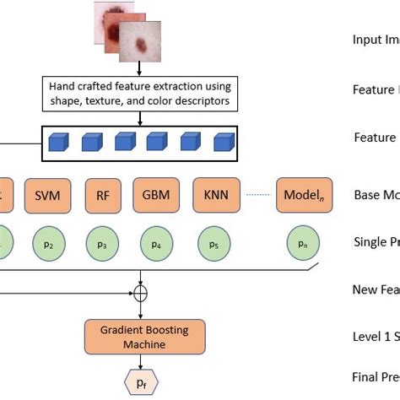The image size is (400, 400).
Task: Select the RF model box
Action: click(x=103, y=195)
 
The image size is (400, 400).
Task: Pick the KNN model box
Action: click(x=216, y=195)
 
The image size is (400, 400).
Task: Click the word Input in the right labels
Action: click(x=366, y=39)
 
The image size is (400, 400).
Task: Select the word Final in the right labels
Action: click(x=366, y=376)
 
